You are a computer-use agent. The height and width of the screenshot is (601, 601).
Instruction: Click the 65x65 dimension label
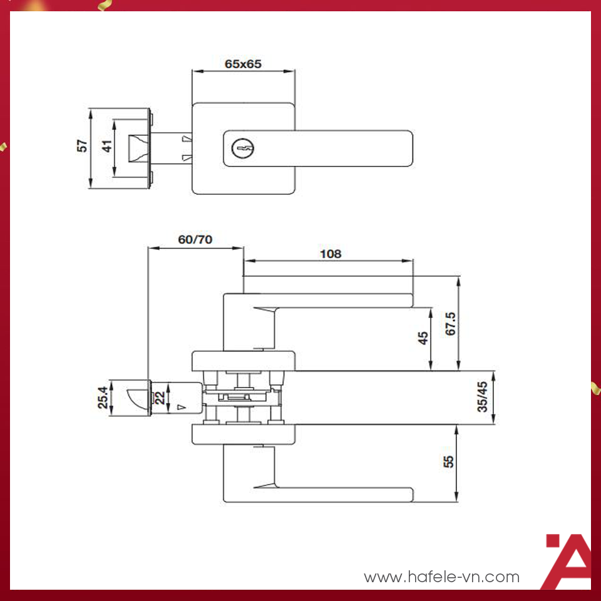point(243,63)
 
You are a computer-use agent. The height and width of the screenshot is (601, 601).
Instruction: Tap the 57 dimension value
point(81,146)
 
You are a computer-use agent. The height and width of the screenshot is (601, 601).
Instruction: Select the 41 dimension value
point(107,146)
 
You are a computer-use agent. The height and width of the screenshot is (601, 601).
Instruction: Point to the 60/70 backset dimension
point(195,239)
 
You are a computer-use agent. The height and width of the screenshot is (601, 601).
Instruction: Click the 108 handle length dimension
point(331,254)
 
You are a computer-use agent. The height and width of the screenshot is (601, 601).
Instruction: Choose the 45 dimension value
point(423,338)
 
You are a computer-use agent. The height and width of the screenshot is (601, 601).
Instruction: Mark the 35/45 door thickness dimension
point(482,398)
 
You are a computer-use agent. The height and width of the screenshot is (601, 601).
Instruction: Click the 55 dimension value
point(448,462)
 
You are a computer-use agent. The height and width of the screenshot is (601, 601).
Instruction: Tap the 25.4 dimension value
point(102,398)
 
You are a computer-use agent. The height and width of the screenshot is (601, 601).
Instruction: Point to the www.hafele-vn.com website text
point(441,577)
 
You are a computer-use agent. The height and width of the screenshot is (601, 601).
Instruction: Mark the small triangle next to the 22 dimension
point(182,408)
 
